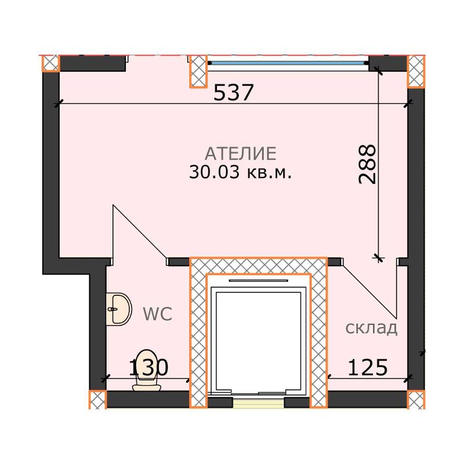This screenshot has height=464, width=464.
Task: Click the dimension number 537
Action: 234,92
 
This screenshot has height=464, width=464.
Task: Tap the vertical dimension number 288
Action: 368,164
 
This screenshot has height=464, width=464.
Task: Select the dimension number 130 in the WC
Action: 148,367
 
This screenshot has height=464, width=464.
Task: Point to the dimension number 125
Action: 367,367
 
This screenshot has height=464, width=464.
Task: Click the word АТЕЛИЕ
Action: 240,154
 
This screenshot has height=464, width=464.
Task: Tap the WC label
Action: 158,314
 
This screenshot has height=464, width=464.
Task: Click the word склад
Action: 371,329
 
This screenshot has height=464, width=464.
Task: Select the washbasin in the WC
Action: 119,308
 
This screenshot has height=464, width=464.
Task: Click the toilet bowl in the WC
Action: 147,369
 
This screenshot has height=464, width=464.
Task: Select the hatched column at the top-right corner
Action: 416,71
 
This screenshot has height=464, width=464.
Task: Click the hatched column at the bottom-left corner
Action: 97,400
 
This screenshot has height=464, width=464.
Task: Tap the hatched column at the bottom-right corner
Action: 416,400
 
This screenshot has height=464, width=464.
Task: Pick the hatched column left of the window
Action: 199,71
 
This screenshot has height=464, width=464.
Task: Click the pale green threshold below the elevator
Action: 259,403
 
